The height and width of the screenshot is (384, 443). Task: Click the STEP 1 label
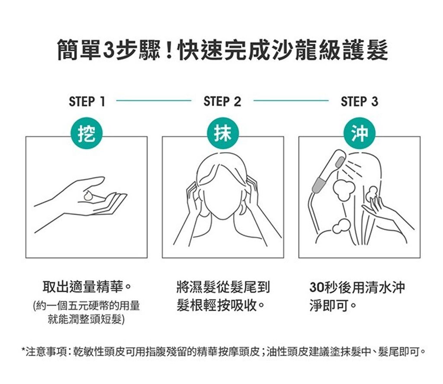pyautogui.click(x=87, y=102)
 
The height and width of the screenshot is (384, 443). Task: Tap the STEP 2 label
pyautogui.click(x=222, y=102)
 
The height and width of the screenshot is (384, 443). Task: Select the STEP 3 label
pyautogui.click(x=359, y=102)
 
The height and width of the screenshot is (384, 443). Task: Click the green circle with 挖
pyautogui.click(x=87, y=134)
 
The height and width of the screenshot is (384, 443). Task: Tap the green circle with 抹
pyautogui.click(x=223, y=134)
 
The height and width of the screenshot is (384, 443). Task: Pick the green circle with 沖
pyautogui.click(x=359, y=134)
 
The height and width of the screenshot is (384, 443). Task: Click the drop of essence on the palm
pyautogui.click(x=89, y=195)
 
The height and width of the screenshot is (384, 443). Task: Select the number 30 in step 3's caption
pyautogui.click(x=317, y=287)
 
